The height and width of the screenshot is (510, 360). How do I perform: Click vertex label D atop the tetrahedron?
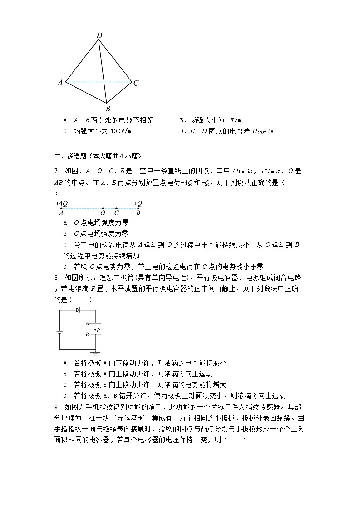[x=99, y=35]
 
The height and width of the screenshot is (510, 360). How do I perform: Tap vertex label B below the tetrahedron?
[x=108, y=109]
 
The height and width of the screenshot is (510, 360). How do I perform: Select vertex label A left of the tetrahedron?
[x=60, y=82]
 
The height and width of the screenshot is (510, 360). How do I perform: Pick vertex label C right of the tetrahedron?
[x=135, y=83]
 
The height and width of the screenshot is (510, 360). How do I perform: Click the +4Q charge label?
[x=62, y=203]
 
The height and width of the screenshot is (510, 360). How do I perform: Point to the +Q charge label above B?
[x=138, y=203]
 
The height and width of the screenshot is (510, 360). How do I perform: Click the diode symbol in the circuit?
[x=78, y=310]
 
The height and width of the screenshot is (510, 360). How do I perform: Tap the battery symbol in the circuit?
[x=59, y=331]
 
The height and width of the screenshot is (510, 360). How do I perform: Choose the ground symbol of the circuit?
[x=95, y=352]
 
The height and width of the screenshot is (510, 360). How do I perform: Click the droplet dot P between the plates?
[x=94, y=329]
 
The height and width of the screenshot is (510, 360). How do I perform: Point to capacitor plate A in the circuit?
[x=95, y=323]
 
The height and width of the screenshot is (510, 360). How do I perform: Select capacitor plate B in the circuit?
[x=95, y=335]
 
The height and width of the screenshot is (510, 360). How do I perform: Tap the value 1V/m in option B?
[x=229, y=120]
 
